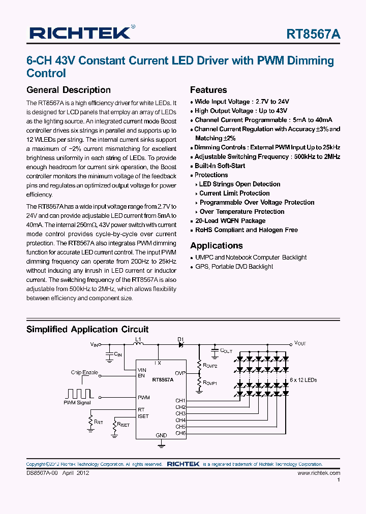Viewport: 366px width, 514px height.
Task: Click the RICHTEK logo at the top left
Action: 81,33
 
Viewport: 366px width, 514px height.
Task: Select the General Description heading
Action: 68,90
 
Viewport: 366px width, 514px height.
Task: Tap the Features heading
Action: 208,90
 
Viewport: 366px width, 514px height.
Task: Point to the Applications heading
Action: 217,246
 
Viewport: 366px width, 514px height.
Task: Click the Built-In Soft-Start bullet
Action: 220,166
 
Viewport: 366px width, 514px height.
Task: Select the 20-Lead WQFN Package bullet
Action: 230,221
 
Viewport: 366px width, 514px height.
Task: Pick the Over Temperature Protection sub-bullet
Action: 241,212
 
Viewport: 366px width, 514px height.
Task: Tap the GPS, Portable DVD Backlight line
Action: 234,267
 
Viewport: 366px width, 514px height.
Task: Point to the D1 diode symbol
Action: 180,344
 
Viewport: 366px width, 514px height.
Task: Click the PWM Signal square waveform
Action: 78,393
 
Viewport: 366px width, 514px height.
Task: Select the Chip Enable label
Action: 84,373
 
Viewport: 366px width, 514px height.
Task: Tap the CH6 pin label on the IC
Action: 180,433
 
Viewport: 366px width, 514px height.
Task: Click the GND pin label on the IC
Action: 161,435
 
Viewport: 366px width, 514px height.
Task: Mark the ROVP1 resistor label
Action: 210,383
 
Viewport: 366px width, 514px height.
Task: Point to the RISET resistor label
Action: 123,424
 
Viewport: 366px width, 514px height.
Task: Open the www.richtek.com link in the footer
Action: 318,473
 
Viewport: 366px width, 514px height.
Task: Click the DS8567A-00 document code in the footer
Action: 43,473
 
